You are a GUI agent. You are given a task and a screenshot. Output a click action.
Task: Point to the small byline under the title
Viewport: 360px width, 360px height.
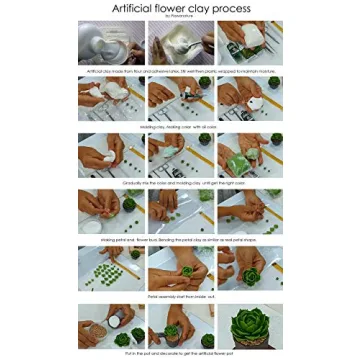pos(180,17)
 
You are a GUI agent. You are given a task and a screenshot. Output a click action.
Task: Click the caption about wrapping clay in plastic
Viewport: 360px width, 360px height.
pos(180,72)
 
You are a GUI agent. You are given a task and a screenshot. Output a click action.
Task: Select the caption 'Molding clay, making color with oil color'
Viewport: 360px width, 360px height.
pos(180,128)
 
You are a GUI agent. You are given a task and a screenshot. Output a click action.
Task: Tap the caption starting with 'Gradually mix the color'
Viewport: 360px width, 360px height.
pos(180,184)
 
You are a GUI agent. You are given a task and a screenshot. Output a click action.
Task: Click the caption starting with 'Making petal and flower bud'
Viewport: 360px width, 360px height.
pos(180,240)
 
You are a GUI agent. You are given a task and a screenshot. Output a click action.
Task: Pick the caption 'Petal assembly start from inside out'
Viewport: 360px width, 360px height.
pos(180,296)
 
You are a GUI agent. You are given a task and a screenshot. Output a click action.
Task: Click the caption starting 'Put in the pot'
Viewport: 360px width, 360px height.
pos(180,354)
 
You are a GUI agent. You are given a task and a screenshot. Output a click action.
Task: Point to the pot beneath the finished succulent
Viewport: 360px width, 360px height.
pos(250,345)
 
